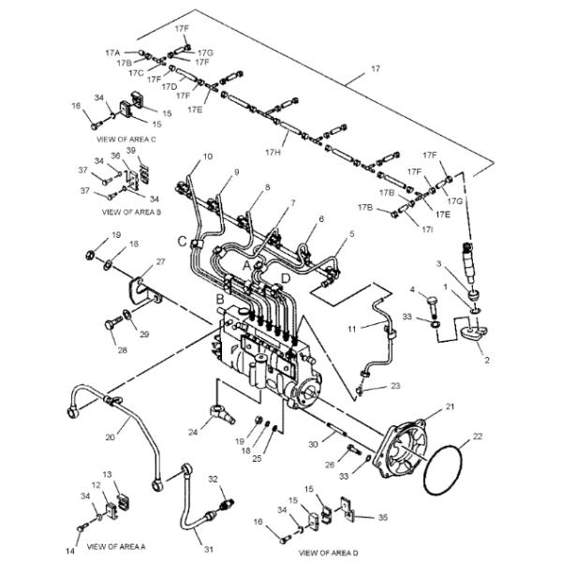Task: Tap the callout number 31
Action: [x=209, y=549]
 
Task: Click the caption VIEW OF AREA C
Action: [x=126, y=139]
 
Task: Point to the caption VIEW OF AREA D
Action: [x=329, y=553]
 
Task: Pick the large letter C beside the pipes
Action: [x=183, y=242]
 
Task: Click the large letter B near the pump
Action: [x=220, y=299]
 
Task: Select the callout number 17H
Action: [x=273, y=153]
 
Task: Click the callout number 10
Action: [x=208, y=156]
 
